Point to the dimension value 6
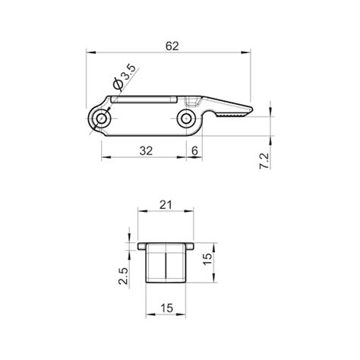tap(196, 150)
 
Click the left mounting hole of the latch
tap(101, 117)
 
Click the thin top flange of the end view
tap(166, 246)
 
